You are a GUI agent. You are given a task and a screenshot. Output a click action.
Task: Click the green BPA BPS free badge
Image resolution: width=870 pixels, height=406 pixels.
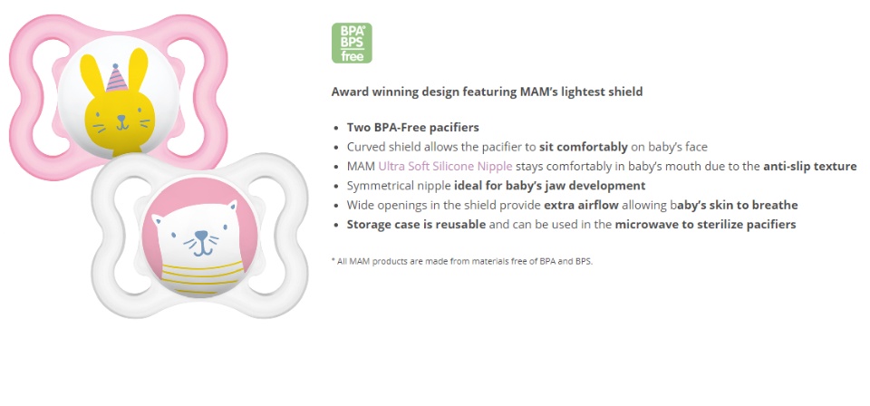click(352, 43)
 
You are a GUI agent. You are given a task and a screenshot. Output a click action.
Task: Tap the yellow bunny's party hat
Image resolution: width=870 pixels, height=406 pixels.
click(117, 79)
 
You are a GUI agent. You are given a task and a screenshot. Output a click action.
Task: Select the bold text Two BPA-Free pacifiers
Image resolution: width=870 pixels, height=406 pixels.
click(412, 127)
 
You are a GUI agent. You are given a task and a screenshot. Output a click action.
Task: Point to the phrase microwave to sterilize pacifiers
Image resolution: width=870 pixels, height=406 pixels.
click(705, 224)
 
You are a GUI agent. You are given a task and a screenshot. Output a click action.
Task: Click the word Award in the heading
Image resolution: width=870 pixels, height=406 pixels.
click(351, 92)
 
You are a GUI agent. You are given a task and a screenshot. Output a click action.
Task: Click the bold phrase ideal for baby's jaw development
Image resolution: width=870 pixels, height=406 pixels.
click(556, 185)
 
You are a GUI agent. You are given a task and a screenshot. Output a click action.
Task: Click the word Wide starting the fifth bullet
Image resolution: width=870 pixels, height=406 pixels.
click(362, 205)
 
